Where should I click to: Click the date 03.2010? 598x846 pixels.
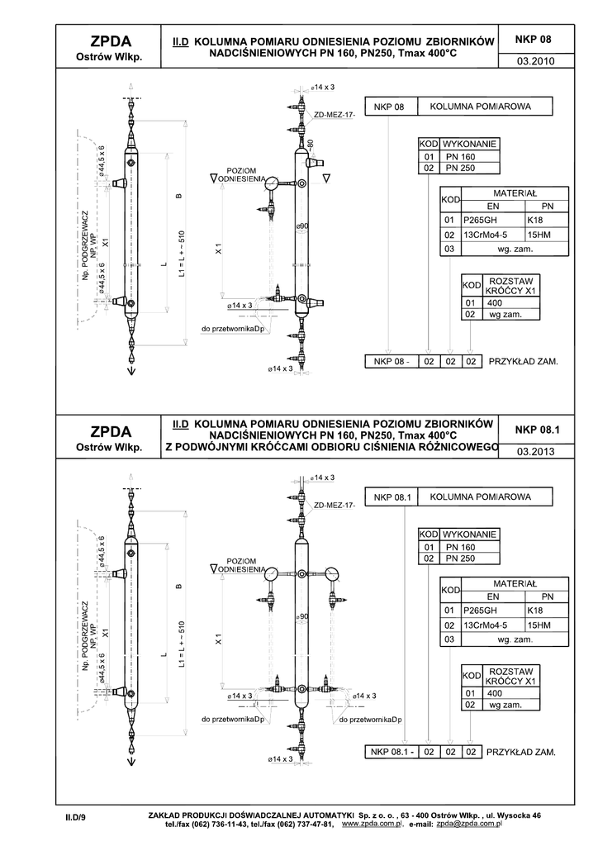(535, 61)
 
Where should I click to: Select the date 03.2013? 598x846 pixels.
(535, 452)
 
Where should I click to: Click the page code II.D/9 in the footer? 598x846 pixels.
(72, 817)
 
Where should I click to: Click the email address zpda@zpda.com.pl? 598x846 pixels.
(469, 824)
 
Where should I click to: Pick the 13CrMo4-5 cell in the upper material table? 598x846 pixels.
(486, 235)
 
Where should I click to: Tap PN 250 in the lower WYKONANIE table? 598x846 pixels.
(460, 558)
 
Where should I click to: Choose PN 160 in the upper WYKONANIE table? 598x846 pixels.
(460, 157)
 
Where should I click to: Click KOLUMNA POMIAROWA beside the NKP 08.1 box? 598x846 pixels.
(481, 497)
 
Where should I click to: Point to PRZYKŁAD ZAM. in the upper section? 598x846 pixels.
(523, 362)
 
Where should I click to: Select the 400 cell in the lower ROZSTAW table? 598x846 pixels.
(495, 693)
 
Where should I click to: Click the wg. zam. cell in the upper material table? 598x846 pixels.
(515, 249)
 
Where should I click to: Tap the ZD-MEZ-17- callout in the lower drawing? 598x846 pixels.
(335, 506)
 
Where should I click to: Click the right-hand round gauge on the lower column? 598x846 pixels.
(331, 573)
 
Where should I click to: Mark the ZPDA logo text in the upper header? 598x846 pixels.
(111, 41)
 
